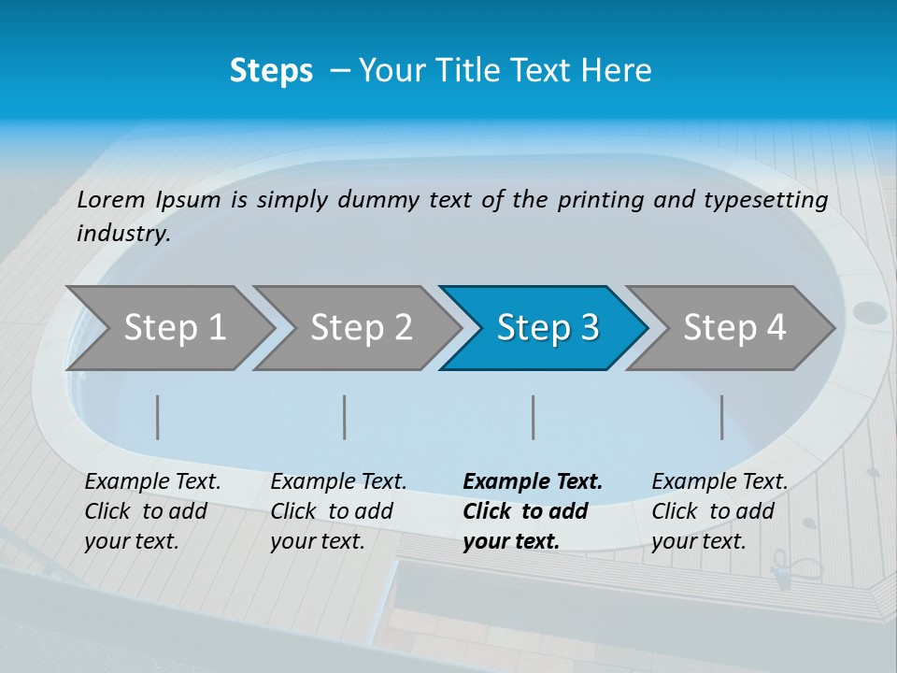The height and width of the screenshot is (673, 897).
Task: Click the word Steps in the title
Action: click(x=271, y=71)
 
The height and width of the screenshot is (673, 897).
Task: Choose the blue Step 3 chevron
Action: click(x=548, y=327)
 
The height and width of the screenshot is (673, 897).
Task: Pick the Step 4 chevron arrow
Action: click(x=734, y=327)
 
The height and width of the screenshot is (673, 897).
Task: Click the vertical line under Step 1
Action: click(x=158, y=417)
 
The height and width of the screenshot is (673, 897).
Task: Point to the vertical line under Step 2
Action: click(x=345, y=417)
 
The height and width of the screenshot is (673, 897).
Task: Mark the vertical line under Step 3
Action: click(x=534, y=417)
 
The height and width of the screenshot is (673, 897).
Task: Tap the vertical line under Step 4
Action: click(x=722, y=417)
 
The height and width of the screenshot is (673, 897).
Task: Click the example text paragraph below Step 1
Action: click(x=152, y=511)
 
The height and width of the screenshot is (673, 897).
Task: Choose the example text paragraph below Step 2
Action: click(x=338, y=511)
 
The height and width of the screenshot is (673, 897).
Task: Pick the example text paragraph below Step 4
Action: click(x=719, y=511)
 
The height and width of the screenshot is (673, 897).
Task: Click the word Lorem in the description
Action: click(x=111, y=200)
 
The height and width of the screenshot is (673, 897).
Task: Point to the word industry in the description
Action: click(x=123, y=234)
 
